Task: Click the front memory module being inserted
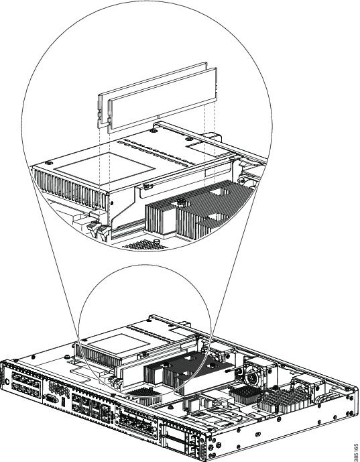[163, 100]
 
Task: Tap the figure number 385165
[356, 452]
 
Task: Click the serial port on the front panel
[51, 399]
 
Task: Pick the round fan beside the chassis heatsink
[253, 377]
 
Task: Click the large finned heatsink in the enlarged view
[197, 210]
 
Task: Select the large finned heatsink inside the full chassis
[182, 369]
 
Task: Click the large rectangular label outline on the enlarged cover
[105, 168]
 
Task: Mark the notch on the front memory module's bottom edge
[158, 117]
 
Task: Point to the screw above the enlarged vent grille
[50, 163]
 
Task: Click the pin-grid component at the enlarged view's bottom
[145, 245]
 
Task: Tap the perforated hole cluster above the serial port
[57, 387]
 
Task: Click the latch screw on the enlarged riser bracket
[148, 186]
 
